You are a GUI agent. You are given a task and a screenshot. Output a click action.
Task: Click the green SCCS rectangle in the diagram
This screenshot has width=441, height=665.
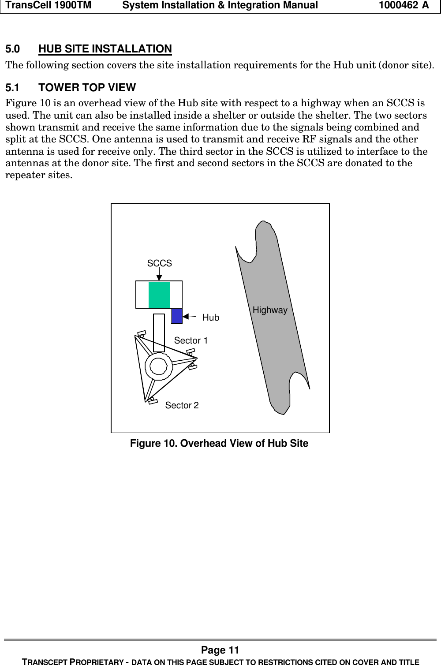(x=159, y=295)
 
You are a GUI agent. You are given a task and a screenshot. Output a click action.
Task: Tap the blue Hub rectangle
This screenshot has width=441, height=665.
(x=177, y=316)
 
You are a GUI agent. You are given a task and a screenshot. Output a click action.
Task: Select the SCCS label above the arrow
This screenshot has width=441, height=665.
(x=159, y=263)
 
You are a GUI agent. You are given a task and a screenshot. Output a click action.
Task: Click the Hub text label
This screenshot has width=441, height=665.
(x=210, y=318)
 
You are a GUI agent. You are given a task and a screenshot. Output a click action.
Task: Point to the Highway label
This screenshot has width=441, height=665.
(x=270, y=310)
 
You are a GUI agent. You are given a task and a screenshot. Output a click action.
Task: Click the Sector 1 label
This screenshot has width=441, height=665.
(x=191, y=340)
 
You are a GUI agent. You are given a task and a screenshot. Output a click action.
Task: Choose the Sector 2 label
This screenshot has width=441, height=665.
(x=182, y=405)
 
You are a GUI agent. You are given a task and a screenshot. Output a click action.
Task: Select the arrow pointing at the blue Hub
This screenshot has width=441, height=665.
(x=189, y=316)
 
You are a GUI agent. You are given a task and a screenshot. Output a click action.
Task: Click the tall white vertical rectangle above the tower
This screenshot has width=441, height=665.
(x=159, y=332)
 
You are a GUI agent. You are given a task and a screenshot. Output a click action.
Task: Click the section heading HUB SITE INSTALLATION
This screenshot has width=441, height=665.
(x=105, y=49)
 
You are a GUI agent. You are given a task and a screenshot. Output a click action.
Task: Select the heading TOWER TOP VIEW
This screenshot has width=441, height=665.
(x=87, y=87)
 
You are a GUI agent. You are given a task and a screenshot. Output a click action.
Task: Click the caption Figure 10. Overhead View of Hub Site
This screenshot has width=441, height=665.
(x=219, y=443)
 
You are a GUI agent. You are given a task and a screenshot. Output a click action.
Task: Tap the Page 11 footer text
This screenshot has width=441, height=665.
(x=220, y=650)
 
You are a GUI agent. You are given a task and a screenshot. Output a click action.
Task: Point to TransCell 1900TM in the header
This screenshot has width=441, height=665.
(x=49, y=5)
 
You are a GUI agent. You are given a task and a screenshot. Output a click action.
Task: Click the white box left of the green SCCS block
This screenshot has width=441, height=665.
(x=142, y=295)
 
